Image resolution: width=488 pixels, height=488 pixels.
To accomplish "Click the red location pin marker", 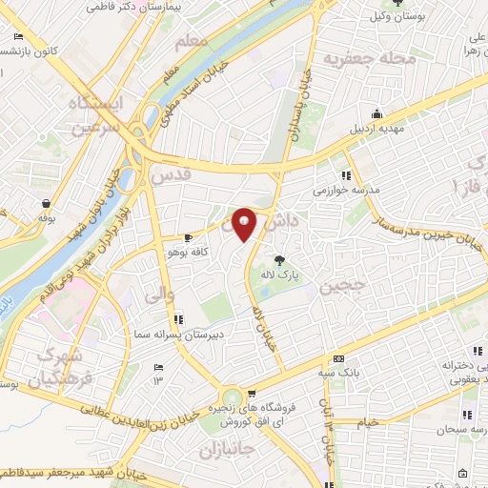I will [x=244, y=225].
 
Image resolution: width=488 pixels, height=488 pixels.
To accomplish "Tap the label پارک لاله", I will [x=283, y=274].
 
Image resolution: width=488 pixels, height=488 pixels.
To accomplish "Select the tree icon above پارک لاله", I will [x=279, y=259].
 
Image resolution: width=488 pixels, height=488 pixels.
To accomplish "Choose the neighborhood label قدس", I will [x=172, y=175].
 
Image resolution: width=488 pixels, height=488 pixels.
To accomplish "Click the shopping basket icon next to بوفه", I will [x=45, y=202].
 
